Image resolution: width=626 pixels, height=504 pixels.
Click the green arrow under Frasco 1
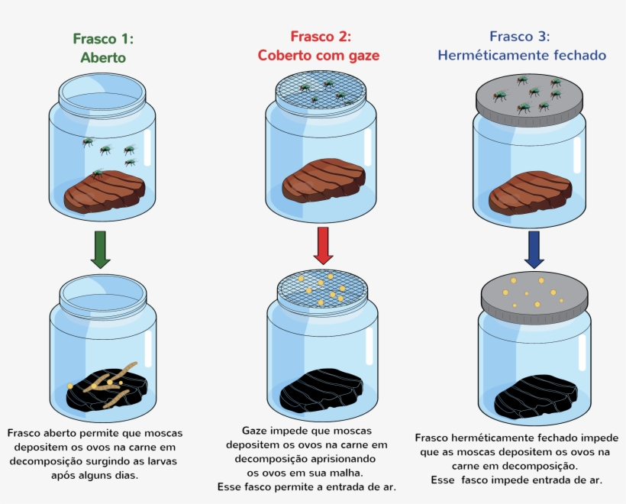tap(100, 250)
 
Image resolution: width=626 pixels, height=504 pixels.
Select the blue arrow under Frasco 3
tap(534, 249)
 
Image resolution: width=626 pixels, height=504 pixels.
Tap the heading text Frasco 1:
tap(103, 39)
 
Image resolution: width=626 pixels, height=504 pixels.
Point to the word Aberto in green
tap(103, 57)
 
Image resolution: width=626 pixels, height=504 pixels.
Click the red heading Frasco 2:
tap(321, 37)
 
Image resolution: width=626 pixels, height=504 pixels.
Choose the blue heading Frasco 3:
tap(519, 37)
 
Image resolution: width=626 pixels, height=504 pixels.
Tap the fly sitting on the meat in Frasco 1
tap(98, 173)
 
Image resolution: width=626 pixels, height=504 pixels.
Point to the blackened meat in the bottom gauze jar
tap(321, 390)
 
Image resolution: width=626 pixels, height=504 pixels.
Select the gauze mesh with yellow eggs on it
tap(321, 289)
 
